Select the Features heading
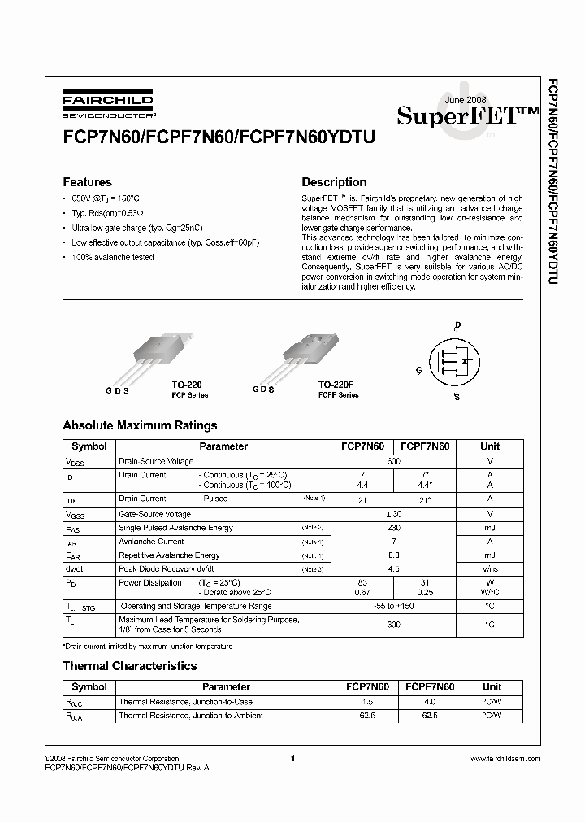coord(87,182)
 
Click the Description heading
coord(334,182)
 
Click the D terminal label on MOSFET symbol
coord(457,325)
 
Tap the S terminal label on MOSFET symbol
coord(457,397)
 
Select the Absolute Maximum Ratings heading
coord(140,425)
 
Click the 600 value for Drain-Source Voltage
coord(393,461)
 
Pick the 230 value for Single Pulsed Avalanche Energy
coord(393,528)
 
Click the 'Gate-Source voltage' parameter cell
coord(155,514)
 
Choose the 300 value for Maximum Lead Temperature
coord(393,625)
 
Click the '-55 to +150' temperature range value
coord(393,606)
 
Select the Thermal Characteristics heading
coord(130,666)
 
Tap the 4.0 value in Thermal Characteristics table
coord(430,701)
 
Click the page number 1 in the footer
coord(292,758)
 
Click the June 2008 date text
coord(466,100)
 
